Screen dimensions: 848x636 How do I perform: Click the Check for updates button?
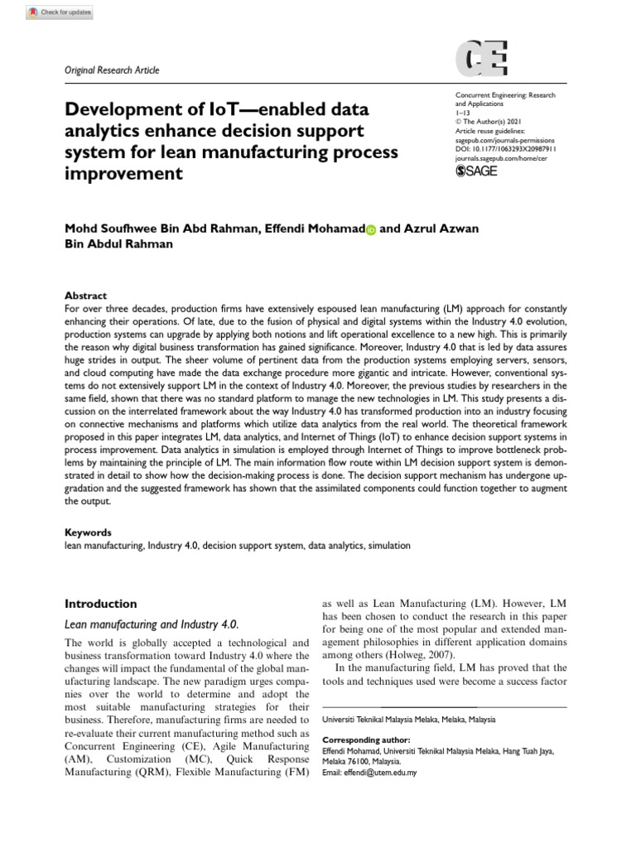pyautogui.click(x=48, y=12)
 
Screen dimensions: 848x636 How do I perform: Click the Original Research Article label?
pyautogui.click(x=111, y=70)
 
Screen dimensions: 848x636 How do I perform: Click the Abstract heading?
pyautogui.click(x=85, y=296)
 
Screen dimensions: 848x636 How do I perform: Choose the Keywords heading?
pyautogui.click(x=88, y=532)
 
